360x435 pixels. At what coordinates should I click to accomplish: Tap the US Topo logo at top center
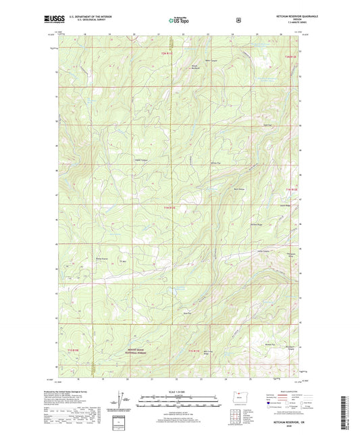(179, 20)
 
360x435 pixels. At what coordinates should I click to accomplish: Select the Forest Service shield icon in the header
(238, 20)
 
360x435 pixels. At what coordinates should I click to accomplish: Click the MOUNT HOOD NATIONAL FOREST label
(138, 349)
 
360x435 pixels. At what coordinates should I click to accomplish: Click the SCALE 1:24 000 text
(180, 392)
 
